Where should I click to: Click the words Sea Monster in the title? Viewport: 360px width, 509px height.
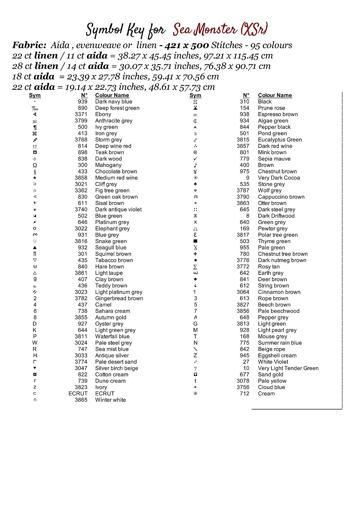205,30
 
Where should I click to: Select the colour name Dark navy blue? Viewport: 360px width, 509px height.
113,102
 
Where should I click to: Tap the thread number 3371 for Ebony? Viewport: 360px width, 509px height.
81,114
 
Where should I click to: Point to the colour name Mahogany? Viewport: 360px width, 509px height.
108,165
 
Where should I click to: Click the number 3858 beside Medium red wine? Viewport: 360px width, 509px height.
81,178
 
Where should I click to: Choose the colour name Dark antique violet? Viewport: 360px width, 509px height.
118,210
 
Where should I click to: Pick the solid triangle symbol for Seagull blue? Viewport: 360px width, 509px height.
35,248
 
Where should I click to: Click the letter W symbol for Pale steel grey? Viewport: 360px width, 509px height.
35,343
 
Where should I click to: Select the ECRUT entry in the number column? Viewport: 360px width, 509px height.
78,394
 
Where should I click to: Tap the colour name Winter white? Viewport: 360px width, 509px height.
110,400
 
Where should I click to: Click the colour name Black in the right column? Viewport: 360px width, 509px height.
265,102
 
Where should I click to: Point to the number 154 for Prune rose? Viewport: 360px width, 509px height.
244,108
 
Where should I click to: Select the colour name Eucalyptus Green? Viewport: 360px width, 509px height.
280,140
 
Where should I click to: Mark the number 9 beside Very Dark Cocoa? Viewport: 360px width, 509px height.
248,178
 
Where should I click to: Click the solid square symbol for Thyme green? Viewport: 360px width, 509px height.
195,241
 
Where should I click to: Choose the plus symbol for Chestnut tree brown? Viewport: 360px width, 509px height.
195,254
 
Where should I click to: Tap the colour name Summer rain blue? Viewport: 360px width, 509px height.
280,343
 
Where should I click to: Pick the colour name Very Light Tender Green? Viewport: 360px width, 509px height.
288,368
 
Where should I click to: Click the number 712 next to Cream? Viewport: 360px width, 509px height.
244,394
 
